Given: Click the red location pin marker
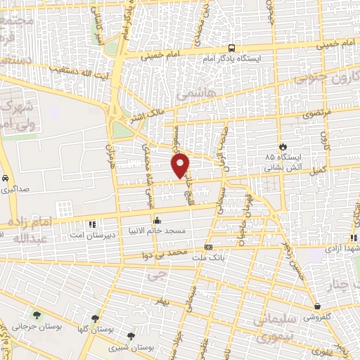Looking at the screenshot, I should click(181, 164).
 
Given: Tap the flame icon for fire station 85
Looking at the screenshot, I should click(283, 146).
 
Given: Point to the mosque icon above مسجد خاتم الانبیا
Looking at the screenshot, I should click(156, 219).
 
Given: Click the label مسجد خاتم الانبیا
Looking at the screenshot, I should click(156, 230).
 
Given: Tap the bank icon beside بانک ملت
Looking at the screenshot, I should click(209, 247).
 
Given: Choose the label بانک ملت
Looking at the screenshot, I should click(209, 257).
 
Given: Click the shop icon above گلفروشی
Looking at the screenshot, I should click(319, 306).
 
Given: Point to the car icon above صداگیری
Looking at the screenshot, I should click(5, 178).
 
